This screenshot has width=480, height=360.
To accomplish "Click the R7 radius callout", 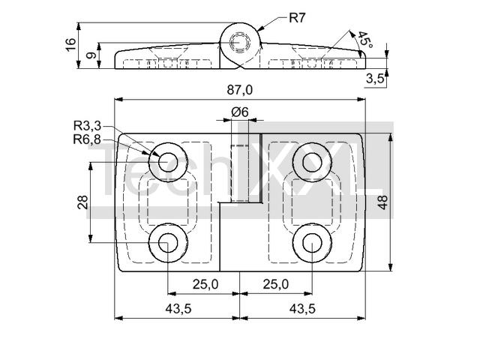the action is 297,18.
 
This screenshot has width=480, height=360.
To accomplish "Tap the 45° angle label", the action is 365,40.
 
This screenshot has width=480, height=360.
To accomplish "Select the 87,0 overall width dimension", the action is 240,90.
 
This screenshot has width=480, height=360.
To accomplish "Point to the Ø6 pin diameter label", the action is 240,112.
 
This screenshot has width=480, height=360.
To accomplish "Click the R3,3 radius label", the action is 87,125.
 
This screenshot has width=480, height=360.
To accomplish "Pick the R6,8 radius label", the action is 87,139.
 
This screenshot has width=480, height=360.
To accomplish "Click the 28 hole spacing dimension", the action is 83,202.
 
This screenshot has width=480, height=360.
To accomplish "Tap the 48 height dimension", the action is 382,202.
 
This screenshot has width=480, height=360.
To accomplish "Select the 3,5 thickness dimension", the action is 375,79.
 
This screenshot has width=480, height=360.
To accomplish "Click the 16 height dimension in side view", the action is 70,45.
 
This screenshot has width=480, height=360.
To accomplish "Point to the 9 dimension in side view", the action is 91,55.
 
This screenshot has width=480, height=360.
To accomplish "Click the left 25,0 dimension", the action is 205,284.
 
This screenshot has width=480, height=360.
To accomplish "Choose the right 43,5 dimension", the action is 302,308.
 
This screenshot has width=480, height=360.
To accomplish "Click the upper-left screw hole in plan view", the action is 168,162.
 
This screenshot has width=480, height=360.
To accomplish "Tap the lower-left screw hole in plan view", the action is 168,243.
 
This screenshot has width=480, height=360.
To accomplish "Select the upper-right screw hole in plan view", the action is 312,162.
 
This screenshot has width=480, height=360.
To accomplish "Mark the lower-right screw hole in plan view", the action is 312,243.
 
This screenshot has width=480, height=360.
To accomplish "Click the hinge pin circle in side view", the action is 240,43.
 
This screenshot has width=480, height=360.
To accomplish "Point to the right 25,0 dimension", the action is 276,284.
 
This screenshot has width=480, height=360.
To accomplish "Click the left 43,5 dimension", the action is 178,308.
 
